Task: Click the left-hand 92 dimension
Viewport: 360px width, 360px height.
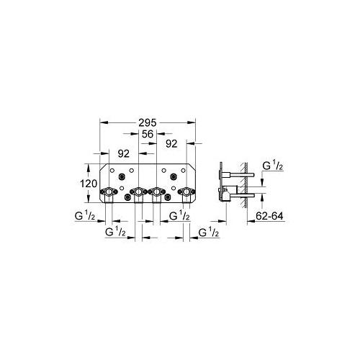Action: click(123, 153)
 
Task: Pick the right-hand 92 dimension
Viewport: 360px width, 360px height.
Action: click(171, 143)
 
